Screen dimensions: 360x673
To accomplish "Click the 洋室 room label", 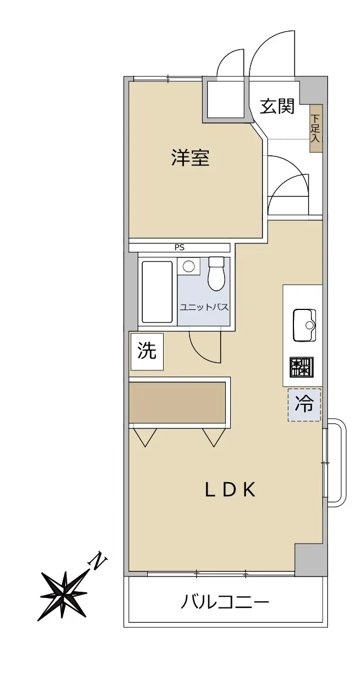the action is point(191,158).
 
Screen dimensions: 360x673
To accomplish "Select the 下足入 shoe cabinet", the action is point(316,128).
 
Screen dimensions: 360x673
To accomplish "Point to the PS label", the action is point(179,247).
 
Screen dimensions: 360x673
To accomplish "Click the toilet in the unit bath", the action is point(216,273).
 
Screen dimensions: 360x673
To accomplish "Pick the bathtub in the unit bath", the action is point(158,291).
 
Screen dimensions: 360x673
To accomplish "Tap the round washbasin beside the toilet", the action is point(188,266).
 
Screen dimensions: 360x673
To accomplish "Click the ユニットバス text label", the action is point(203,307).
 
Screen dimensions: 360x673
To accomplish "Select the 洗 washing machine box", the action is point(147,352).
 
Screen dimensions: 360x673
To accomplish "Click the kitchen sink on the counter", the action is point(304,325).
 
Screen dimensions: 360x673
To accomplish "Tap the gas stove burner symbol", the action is point(302,367).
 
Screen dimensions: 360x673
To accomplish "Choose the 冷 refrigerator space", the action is point(304,404).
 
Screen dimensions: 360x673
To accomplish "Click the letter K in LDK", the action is point(249,490).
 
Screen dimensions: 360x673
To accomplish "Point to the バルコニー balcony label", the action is point(225,603).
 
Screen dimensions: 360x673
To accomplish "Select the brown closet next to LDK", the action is point(178,403).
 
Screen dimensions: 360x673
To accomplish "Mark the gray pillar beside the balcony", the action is point(309,560).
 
